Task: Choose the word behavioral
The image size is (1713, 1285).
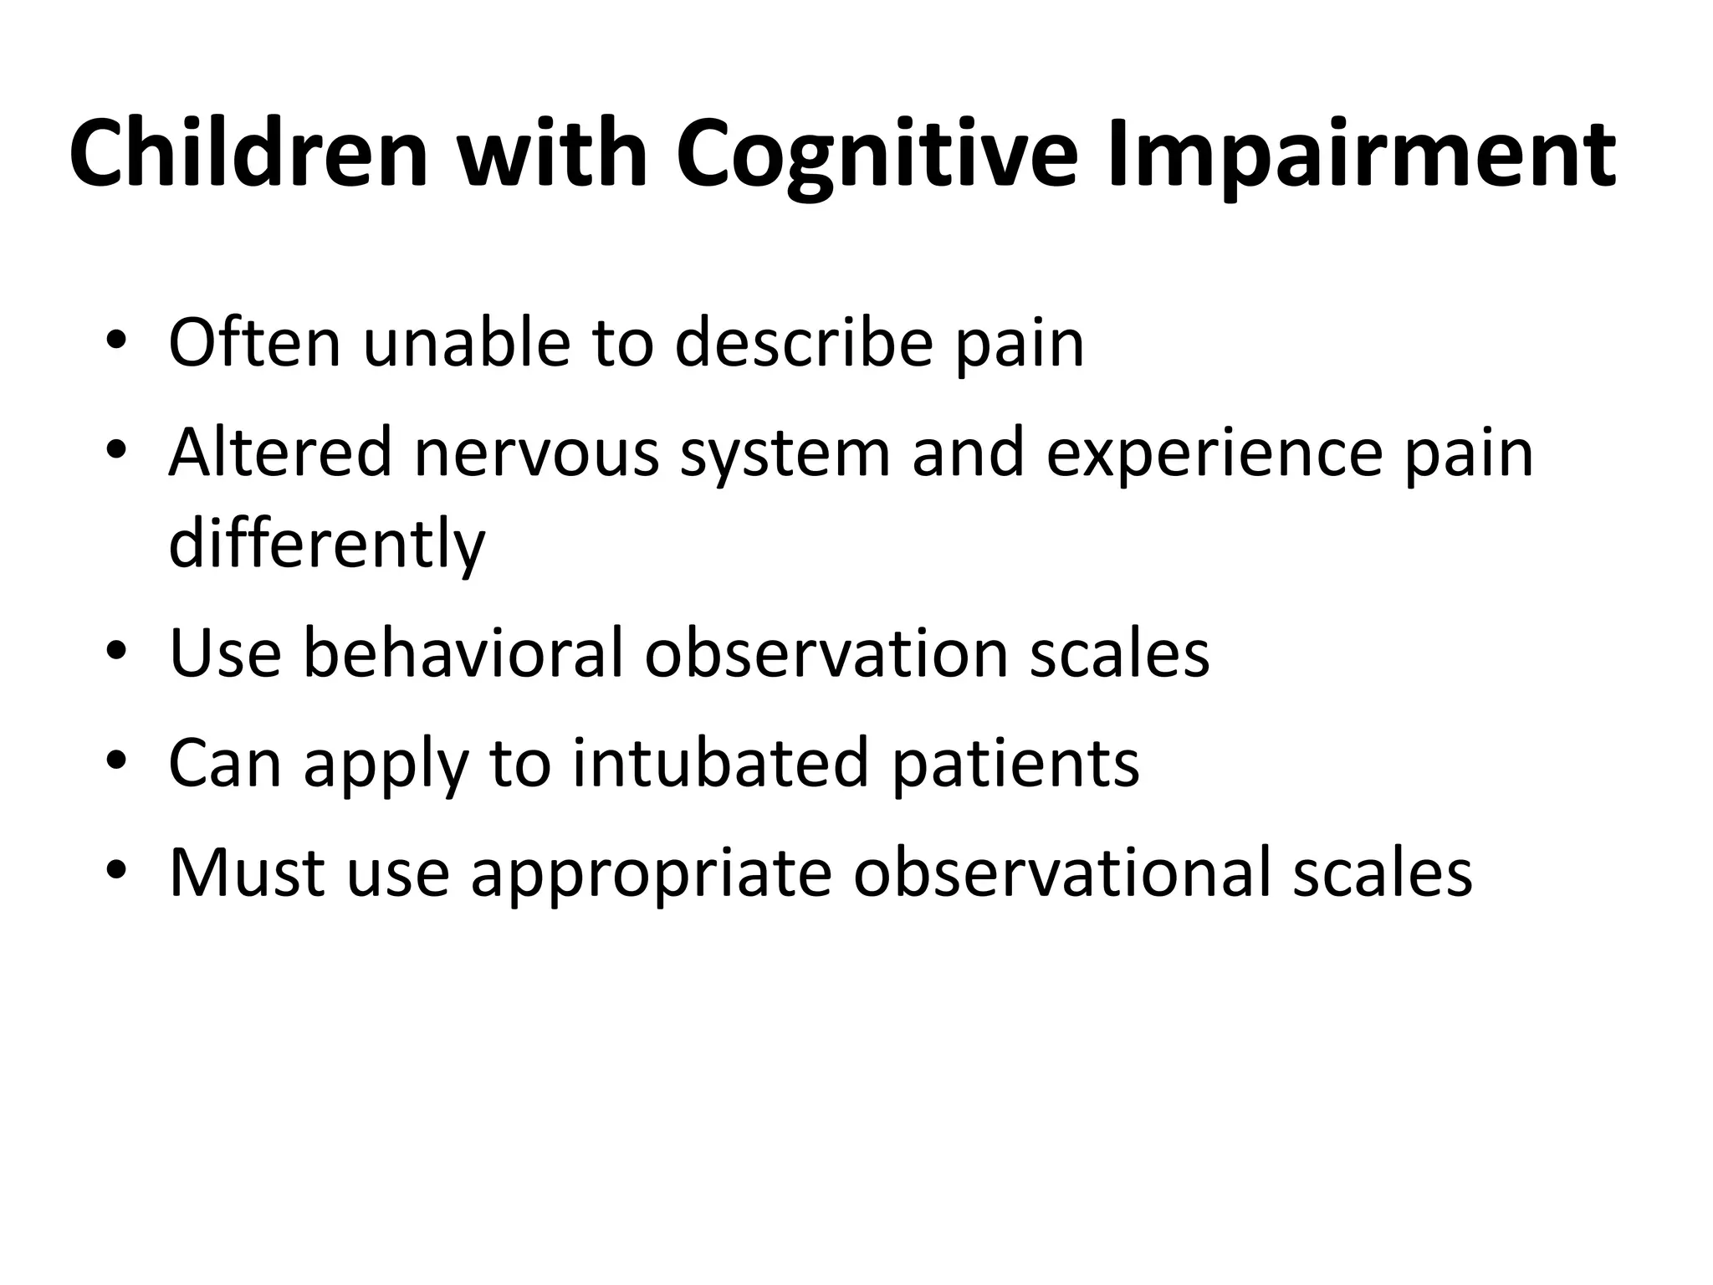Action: pyautogui.click(x=463, y=652)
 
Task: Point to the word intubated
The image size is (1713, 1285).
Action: pyautogui.click(x=720, y=762)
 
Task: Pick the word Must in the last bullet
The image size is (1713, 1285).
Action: pyautogui.click(x=247, y=873)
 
